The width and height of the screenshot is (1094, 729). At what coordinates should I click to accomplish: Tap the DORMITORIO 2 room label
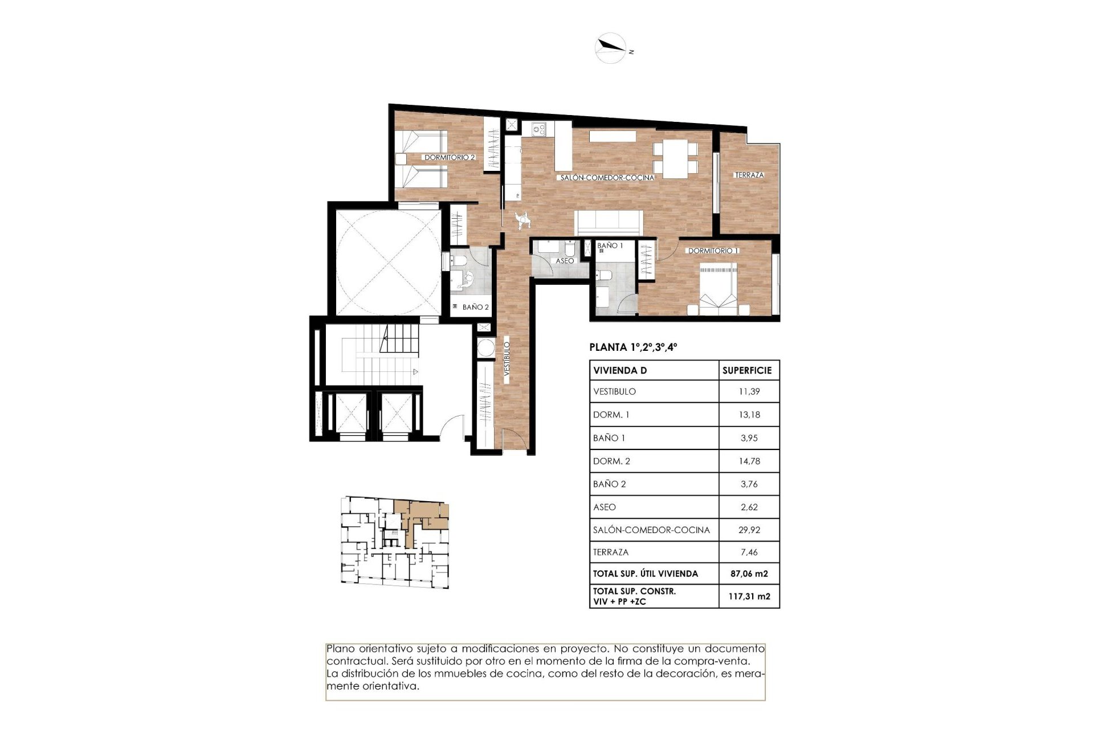tap(449, 157)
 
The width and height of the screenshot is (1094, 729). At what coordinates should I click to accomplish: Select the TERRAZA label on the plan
tap(749, 175)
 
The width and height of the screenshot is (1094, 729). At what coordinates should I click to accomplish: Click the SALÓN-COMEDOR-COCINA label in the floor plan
tap(607, 178)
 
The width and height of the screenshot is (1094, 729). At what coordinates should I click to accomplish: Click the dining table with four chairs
tap(675, 158)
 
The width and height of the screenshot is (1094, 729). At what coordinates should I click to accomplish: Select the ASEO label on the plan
tap(564, 261)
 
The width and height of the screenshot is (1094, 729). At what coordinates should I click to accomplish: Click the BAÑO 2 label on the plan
tap(475, 307)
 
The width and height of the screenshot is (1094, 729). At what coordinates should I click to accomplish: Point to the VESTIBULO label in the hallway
tap(506, 360)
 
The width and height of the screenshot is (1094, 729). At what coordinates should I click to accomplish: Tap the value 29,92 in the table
tap(749, 530)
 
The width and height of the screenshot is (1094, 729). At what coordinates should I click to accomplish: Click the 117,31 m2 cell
tap(749, 597)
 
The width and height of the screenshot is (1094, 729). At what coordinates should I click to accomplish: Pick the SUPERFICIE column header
tap(747, 370)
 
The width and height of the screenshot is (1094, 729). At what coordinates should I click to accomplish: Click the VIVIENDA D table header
tap(620, 370)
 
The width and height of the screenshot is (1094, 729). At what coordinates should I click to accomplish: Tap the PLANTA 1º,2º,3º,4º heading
tap(632, 347)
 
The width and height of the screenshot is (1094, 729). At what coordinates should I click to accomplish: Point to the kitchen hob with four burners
tap(538, 130)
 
